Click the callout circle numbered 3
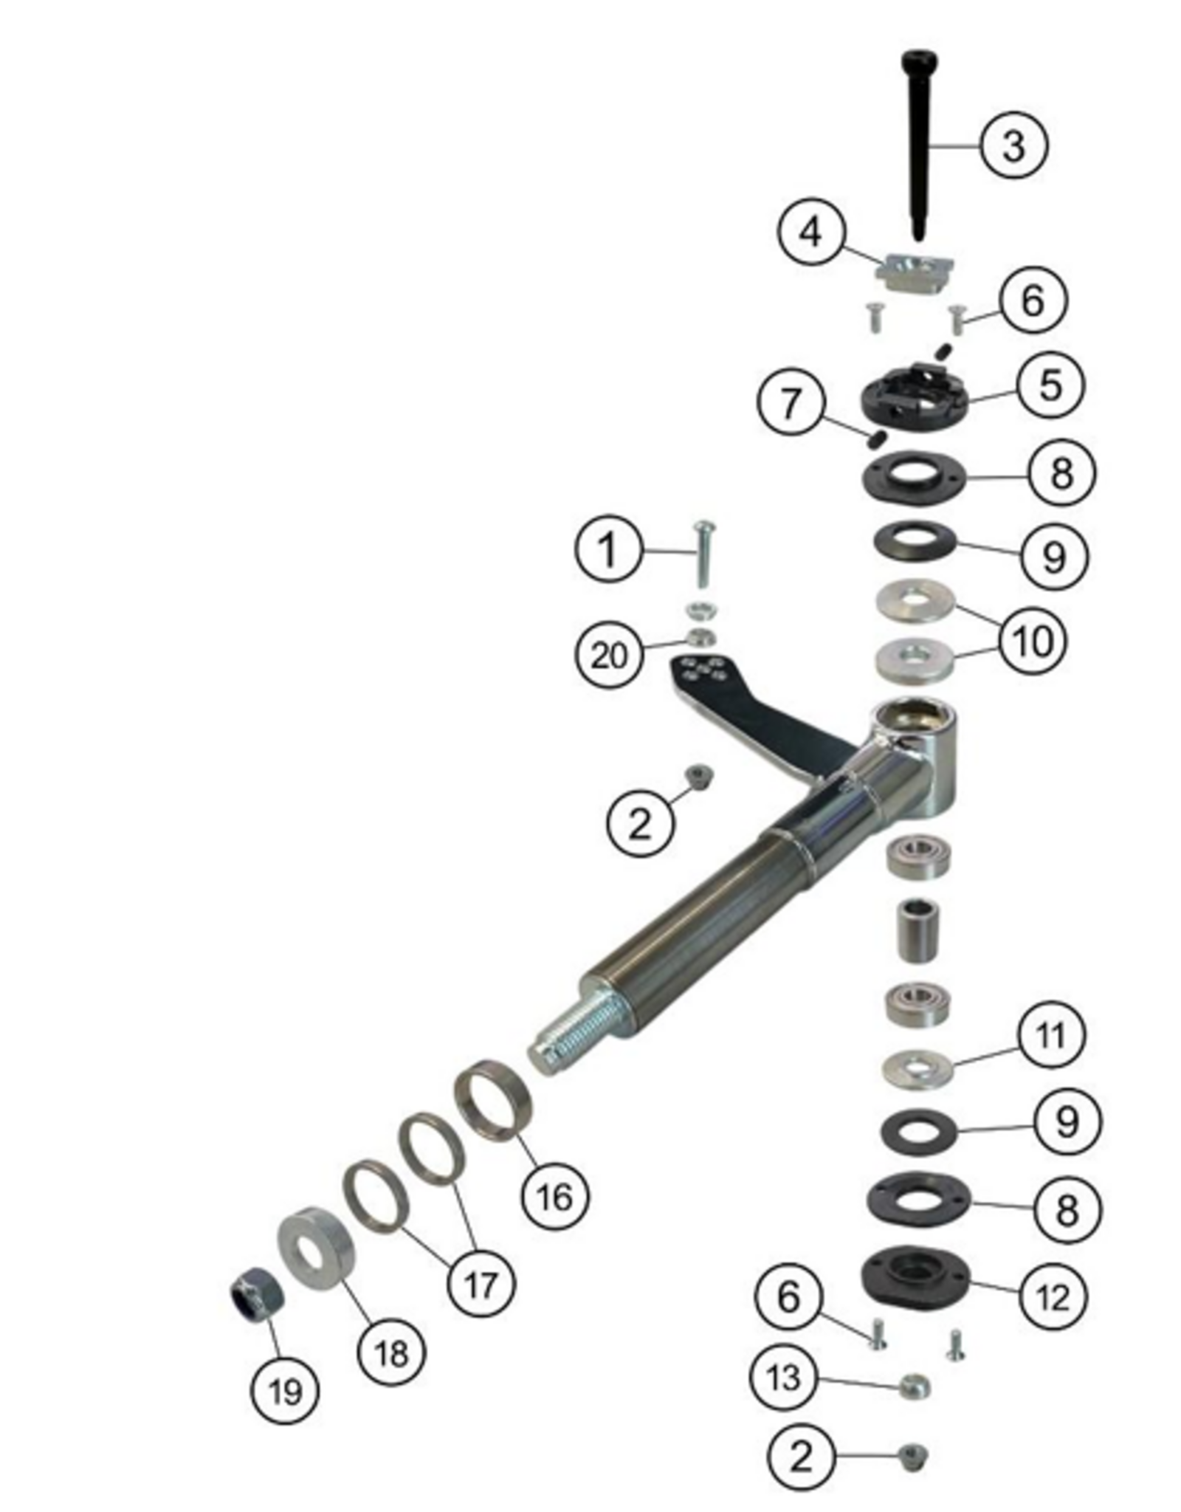pos(1013,145)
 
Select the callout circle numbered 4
pos(810,233)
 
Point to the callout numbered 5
pos(1050,385)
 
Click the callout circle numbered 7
pos(791,403)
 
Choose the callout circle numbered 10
pos(1033,640)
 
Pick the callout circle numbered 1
pos(608,550)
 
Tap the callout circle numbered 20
pos(609,655)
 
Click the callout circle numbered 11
pos(1050,1036)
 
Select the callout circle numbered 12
pos(1053,1296)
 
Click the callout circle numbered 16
pos(555,1197)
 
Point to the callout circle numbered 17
pos(481,1285)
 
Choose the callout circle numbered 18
pos(391,1353)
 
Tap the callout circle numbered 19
pos(285,1392)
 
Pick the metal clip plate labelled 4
pos(915,273)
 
